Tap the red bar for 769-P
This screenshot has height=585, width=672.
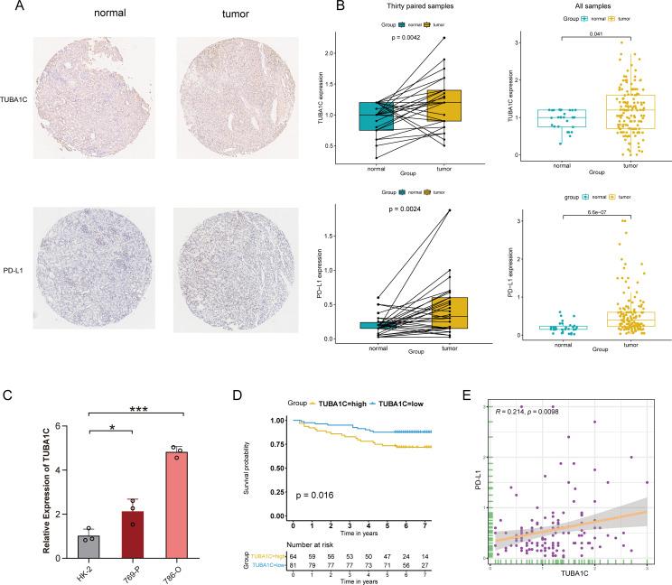(133, 533)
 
